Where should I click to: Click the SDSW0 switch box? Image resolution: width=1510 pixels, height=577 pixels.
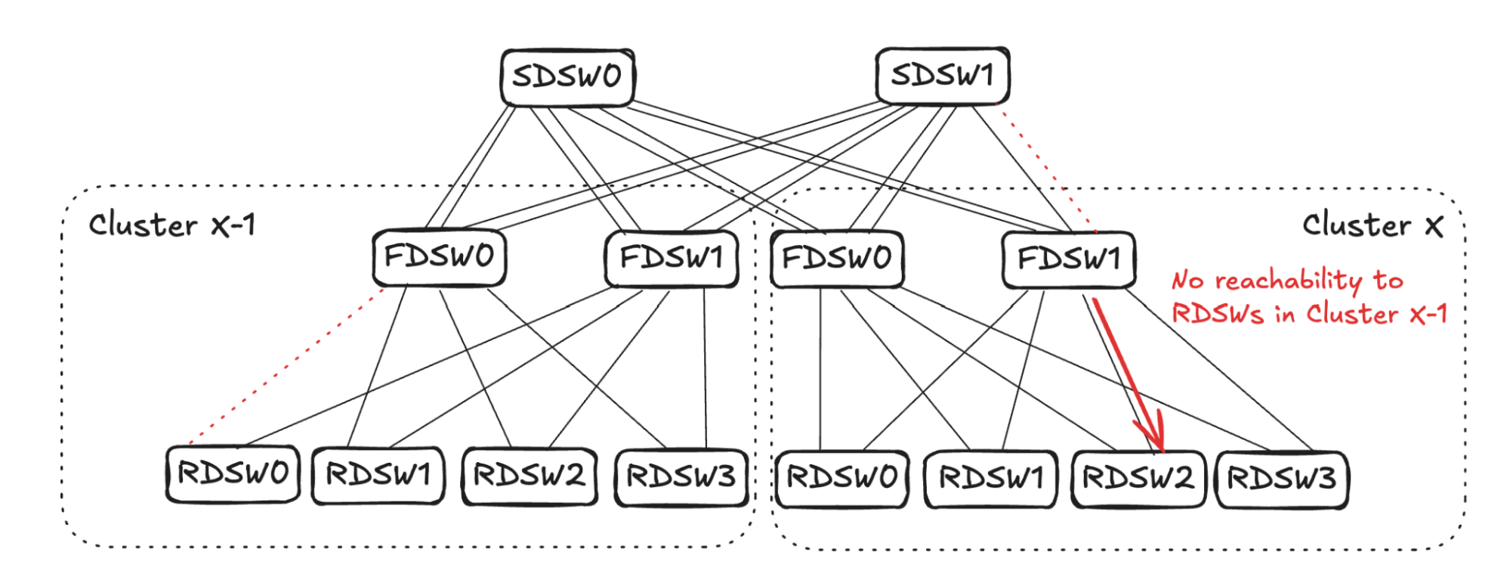click(567, 77)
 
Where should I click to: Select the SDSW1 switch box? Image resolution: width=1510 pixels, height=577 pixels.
click(942, 76)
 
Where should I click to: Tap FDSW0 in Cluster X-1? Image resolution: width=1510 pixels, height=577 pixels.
click(439, 257)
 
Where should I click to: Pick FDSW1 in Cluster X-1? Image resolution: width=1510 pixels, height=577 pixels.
click(672, 259)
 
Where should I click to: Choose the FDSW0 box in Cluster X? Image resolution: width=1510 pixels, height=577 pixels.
click(837, 259)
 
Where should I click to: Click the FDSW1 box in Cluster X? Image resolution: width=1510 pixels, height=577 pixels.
click(1068, 259)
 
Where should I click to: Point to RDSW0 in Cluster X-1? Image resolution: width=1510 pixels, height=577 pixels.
click(233, 474)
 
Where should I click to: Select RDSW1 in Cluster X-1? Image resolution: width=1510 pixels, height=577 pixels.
click(378, 476)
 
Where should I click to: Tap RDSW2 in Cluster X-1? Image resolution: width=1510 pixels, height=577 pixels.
click(529, 476)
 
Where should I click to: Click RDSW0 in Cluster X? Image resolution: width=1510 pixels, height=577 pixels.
click(841, 479)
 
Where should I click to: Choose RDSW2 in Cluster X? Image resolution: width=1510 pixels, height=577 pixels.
click(1138, 479)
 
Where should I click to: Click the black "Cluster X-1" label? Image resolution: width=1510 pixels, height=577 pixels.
click(172, 225)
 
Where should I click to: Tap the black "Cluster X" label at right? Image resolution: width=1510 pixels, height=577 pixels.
click(1372, 225)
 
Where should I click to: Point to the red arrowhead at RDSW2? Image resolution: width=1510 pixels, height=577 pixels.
click(1157, 442)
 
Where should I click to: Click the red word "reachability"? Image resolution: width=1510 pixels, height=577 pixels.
click(1288, 281)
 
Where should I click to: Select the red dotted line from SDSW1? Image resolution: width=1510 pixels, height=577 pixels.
click(1046, 166)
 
